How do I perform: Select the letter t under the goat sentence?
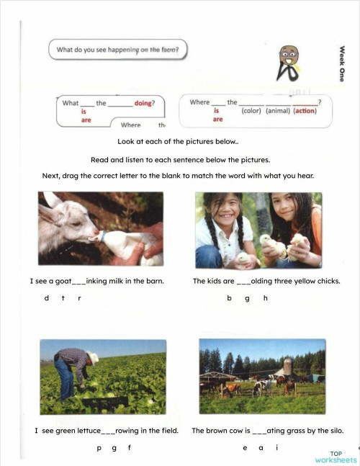click(x=63, y=298)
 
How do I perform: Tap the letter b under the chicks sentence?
click(x=229, y=298)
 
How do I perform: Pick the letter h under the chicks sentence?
click(x=265, y=298)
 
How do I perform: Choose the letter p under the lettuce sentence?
click(x=99, y=447)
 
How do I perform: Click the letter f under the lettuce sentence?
click(x=130, y=447)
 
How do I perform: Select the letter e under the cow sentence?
click(x=245, y=447)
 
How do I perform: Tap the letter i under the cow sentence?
click(x=277, y=447)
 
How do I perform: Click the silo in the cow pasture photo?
click(x=288, y=365)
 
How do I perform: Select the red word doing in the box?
click(x=143, y=103)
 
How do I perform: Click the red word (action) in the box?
click(x=305, y=111)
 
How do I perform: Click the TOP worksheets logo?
click(x=335, y=457)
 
